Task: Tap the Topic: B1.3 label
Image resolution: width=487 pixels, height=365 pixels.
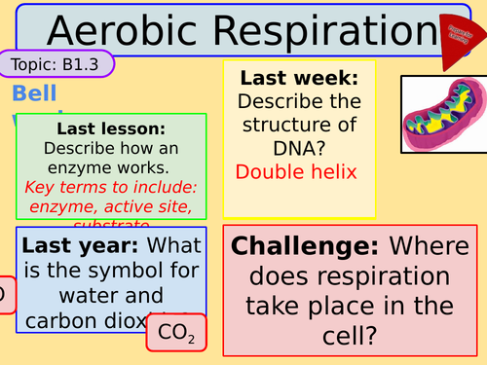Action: (x=56, y=65)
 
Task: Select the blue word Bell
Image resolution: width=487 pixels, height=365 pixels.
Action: (x=35, y=94)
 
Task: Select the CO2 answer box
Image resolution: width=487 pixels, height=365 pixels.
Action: (x=176, y=334)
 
